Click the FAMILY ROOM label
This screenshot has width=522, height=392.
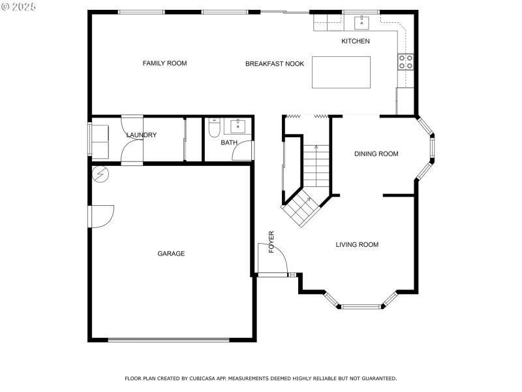[164, 63]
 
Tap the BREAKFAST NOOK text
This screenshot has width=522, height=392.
[274, 64]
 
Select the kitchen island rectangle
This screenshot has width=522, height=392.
[341, 72]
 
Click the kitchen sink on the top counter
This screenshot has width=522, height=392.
[361, 24]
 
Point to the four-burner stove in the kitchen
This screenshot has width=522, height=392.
[405, 61]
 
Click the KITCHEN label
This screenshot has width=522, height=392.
[356, 41]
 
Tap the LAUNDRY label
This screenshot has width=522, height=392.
[141, 135]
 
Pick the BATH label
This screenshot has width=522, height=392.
[228, 142]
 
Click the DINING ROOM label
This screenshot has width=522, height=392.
[376, 154]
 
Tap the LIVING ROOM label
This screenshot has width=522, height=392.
[357, 245]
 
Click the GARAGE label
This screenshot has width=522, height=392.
[171, 253]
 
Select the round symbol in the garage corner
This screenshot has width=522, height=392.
[100, 174]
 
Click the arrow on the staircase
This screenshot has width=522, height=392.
[316, 148]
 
